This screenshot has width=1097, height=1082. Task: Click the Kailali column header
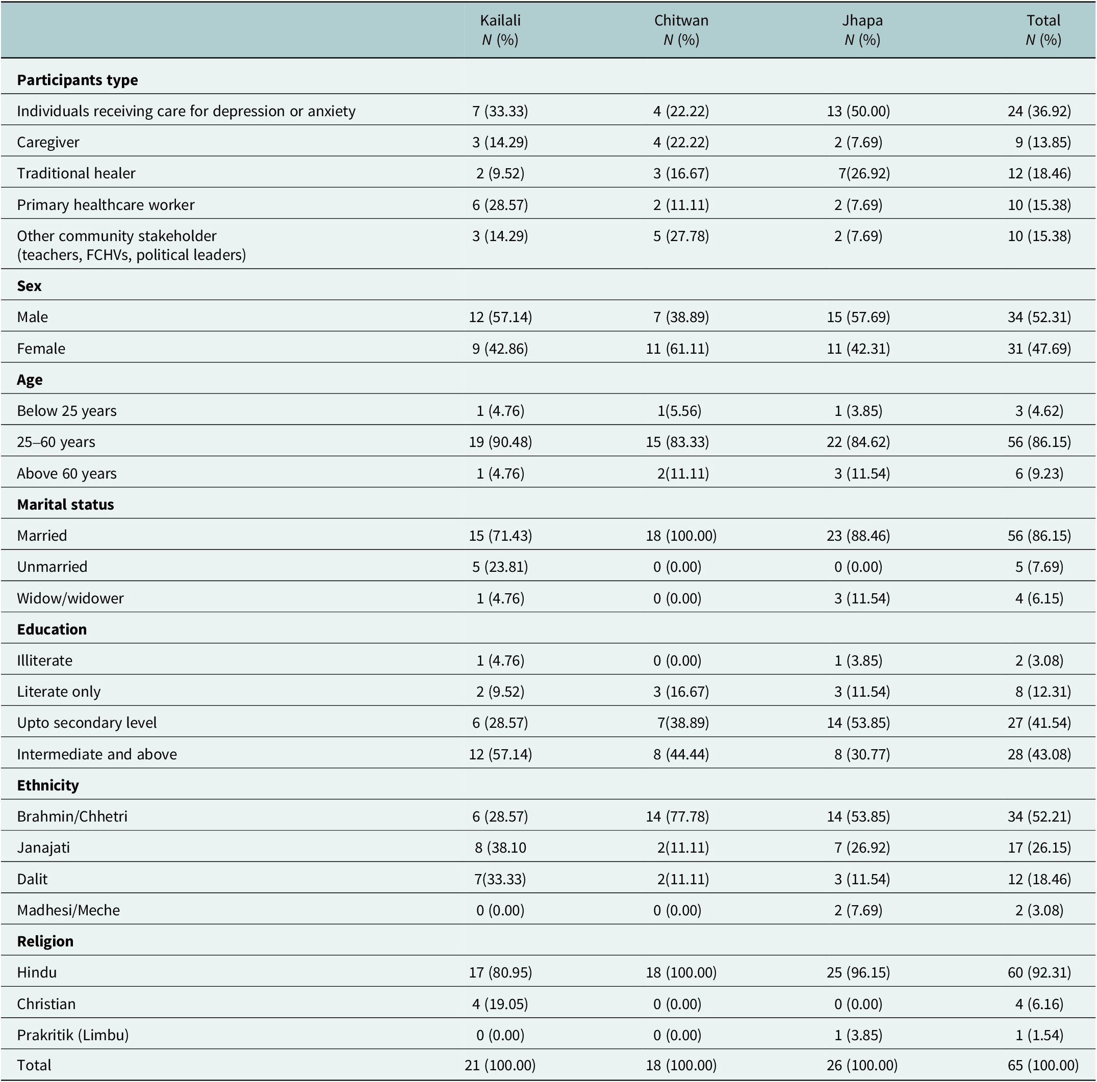[x=500, y=20]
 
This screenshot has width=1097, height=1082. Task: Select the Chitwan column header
[x=681, y=20]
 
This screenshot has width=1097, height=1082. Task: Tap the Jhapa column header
[x=862, y=21]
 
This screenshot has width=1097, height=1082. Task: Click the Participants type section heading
[x=77, y=80]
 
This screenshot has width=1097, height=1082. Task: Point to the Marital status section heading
[x=65, y=505]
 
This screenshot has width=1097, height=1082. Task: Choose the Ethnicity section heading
[x=48, y=785]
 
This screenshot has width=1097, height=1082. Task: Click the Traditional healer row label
[x=76, y=173]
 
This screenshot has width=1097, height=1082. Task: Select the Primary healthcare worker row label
[x=106, y=205]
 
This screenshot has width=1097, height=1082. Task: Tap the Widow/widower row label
[x=70, y=598]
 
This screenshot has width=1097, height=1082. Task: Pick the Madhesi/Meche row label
[x=69, y=910]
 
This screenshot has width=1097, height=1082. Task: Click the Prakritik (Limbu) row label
[x=73, y=1035]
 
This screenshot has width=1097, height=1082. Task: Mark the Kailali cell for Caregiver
[x=500, y=142]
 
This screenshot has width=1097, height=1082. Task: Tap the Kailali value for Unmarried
[x=500, y=567]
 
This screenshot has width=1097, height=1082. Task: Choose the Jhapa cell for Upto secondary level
[x=858, y=723]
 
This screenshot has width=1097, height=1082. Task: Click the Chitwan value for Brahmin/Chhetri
[x=677, y=816]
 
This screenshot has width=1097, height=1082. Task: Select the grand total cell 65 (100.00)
[x=1043, y=1066]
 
